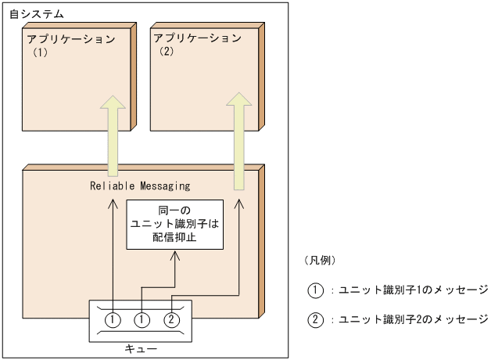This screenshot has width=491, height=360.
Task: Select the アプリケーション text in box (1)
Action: click(x=70, y=38)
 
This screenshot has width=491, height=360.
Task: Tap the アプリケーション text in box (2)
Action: click(x=197, y=38)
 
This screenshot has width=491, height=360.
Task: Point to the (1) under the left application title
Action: click(x=41, y=55)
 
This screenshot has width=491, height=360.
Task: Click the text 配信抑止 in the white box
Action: click(x=174, y=236)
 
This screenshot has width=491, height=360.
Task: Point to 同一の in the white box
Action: click(x=174, y=211)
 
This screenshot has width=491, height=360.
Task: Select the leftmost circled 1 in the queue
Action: click(x=113, y=319)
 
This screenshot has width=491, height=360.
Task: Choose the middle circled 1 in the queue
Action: click(x=142, y=319)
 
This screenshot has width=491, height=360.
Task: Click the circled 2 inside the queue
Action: click(x=170, y=319)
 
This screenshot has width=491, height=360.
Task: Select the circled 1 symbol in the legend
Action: click(x=315, y=290)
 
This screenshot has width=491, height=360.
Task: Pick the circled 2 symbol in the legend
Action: click(x=315, y=319)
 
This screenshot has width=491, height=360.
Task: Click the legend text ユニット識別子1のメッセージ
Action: click(x=414, y=290)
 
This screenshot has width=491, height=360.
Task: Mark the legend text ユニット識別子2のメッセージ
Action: click(x=414, y=319)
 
